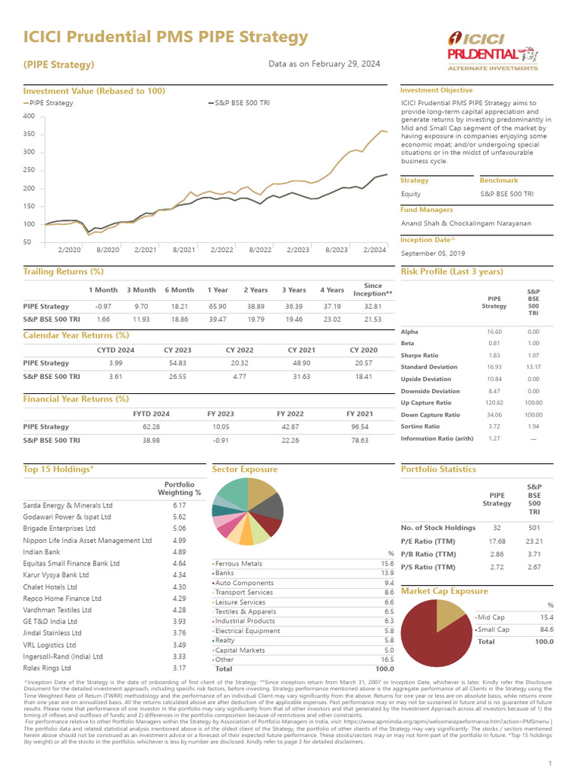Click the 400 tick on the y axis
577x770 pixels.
click(29, 116)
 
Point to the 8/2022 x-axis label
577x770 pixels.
click(259, 249)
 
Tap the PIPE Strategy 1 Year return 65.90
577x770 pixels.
click(217, 307)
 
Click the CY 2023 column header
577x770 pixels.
click(177, 350)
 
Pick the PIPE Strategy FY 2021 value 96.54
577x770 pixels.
click(359, 426)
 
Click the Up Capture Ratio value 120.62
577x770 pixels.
click(494, 402)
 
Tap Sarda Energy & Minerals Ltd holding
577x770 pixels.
click(68, 505)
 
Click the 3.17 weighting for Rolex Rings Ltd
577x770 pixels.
click(179, 668)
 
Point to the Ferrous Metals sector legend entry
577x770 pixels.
click(239, 563)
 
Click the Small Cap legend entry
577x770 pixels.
click(494, 629)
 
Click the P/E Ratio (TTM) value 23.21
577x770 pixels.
click(533, 540)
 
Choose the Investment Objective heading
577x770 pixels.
click(436, 90)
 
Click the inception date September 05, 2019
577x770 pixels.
click(434, 253)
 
